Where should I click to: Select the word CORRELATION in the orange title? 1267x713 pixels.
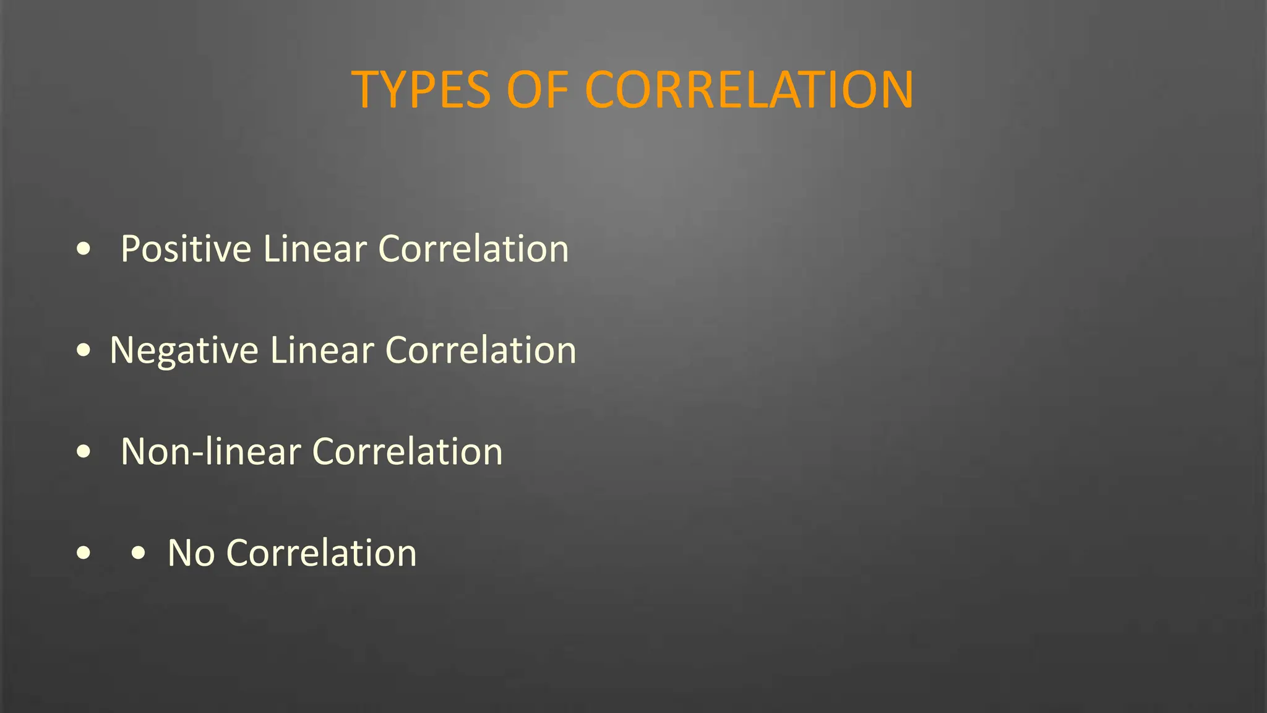coord(749,90)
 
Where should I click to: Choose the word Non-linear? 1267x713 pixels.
coord(210,451)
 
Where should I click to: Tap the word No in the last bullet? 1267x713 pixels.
coord(191,553)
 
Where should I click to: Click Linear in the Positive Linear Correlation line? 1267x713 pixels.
coord(315,249)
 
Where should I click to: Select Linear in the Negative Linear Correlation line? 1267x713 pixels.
coord(322,350)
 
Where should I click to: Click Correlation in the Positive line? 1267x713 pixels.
coord(473,249)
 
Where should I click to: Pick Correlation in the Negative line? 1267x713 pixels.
coord(481,350)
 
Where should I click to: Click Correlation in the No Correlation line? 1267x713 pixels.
coord(322,553)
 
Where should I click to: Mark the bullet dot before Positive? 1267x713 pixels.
coord(84,249)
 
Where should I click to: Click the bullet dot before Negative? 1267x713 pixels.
coord(84,351)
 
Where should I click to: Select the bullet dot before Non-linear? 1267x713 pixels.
coord(84,452)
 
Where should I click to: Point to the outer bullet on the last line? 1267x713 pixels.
coord(84,553)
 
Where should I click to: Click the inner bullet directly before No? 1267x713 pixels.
coord(139,553)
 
